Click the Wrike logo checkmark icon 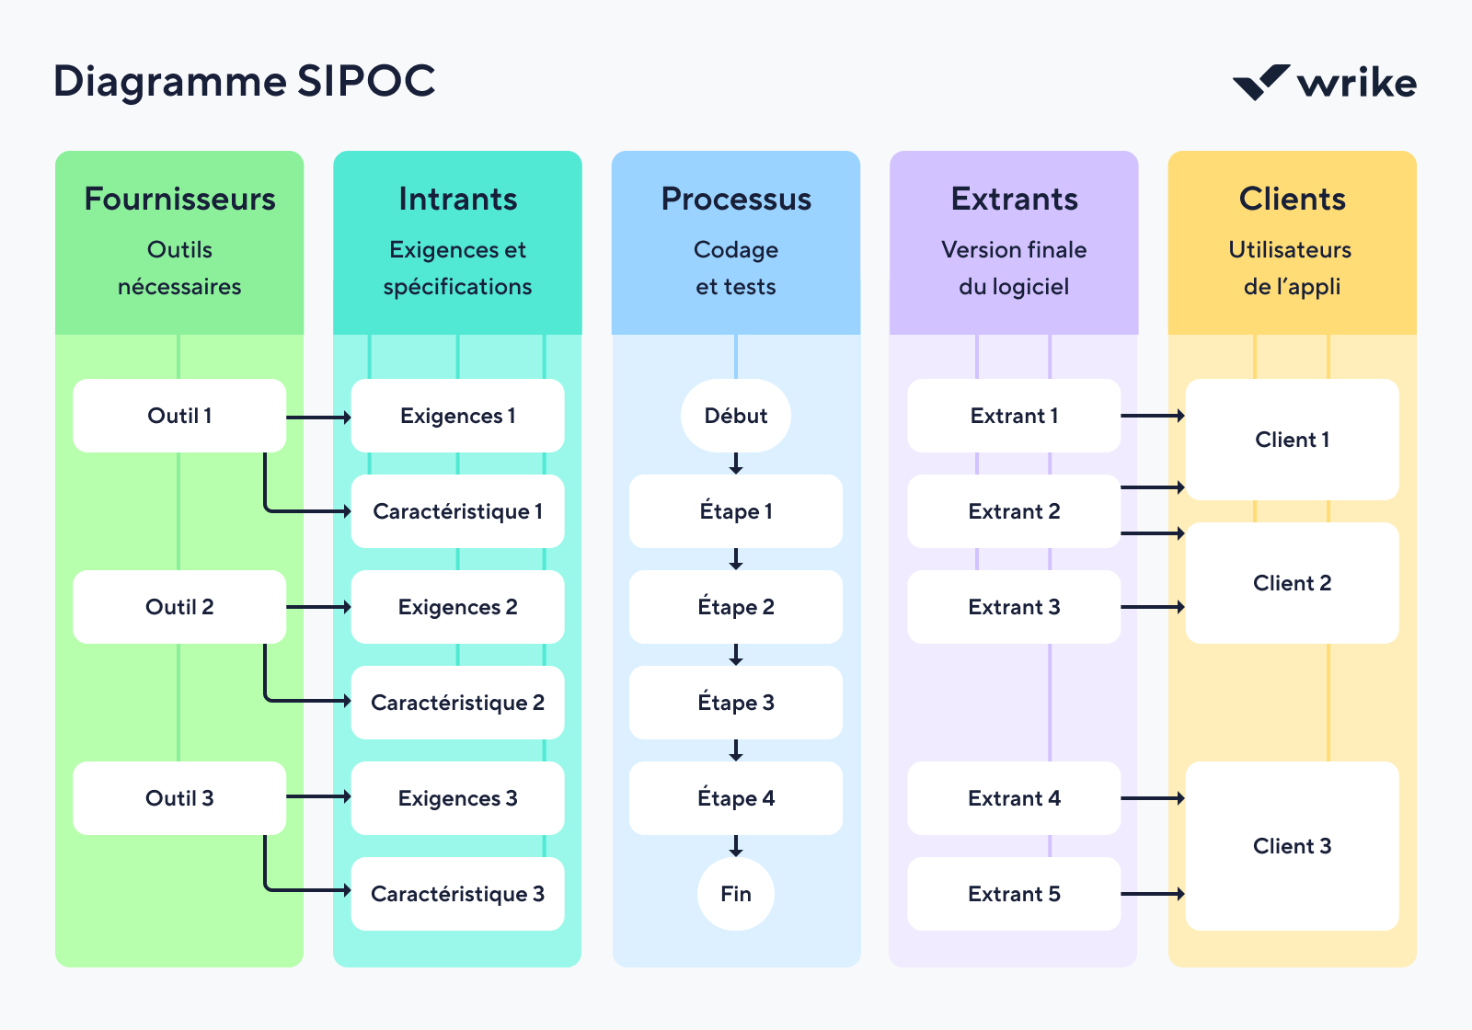click(1260, 83)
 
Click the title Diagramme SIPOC click(244, 81)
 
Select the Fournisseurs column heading click(179, 199)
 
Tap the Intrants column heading click(457, 199)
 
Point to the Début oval click(735, 416)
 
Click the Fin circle click(735, 894)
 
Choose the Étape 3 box click(735, 703)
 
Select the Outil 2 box click(179, 607)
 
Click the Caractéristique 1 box click(457, 511)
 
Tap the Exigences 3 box click(457, 798)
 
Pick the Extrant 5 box click(1013, 894)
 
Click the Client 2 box click(1292, 583)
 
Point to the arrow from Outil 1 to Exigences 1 click(318, 418)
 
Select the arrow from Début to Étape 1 click(735, 463)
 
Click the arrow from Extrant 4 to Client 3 click(1153, 798)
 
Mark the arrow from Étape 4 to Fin click(735, 846)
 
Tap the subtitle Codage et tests click(735, 268)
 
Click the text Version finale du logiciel click(1013, 268)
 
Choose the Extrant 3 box click(1013, 607)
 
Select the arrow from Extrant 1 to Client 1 click(1153, 416)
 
